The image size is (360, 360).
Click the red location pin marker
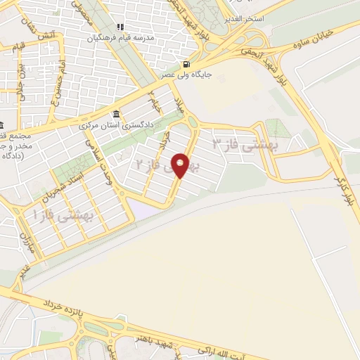181,165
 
